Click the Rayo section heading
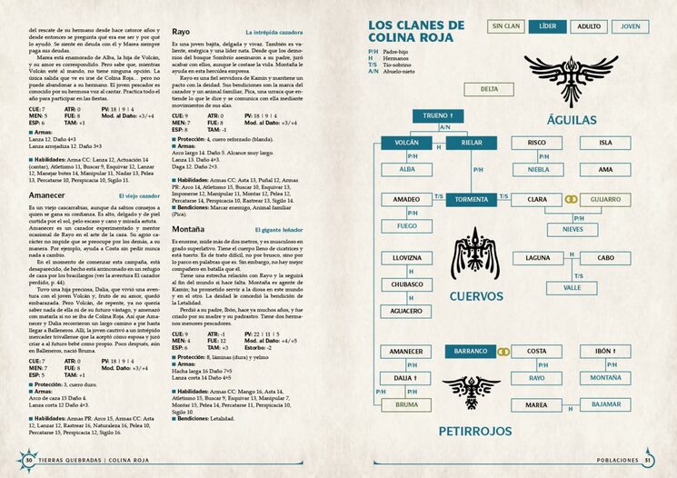(x=180, y=32)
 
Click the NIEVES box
(x=574, y=229)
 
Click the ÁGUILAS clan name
(x=572, y=120)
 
